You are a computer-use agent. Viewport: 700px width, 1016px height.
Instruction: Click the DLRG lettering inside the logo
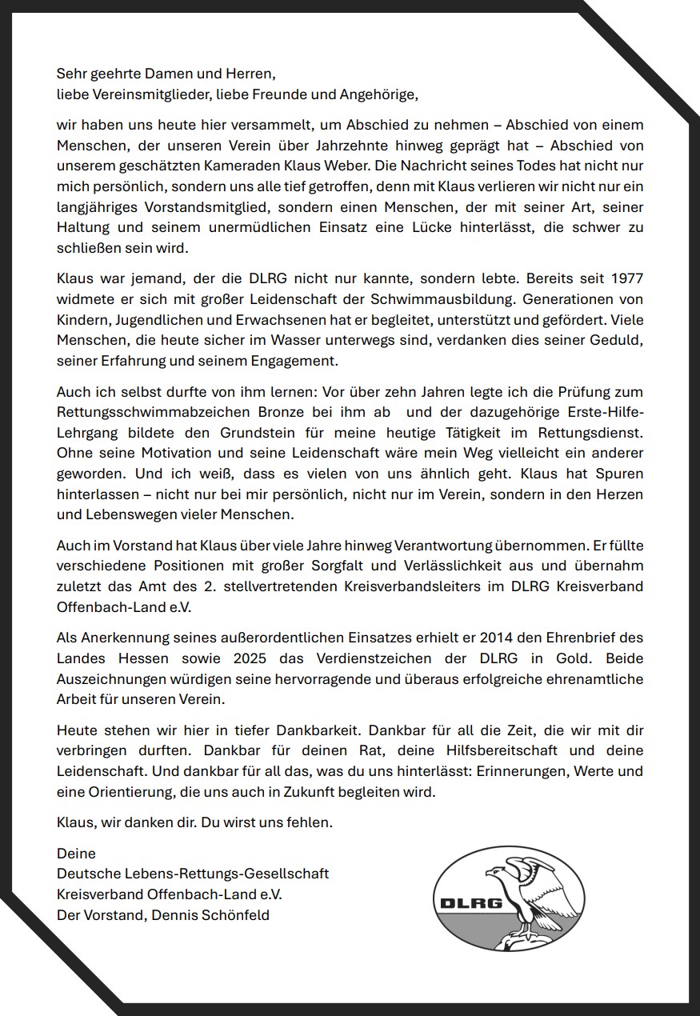point(471,904)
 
